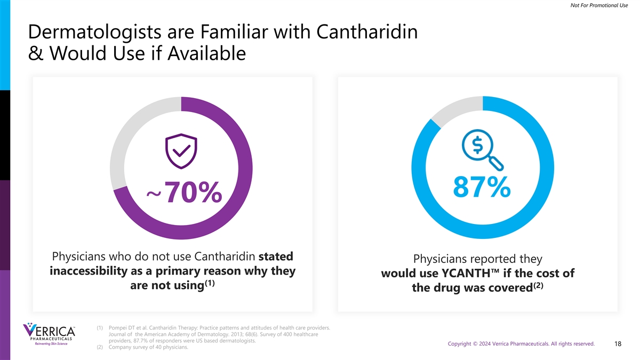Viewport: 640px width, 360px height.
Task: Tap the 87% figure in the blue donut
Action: pos(482,187)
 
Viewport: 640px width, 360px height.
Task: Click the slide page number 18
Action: pos(618,344)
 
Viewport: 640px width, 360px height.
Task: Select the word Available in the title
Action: pos(205,54)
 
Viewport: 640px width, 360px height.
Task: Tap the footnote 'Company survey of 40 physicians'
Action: pos(147,347)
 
